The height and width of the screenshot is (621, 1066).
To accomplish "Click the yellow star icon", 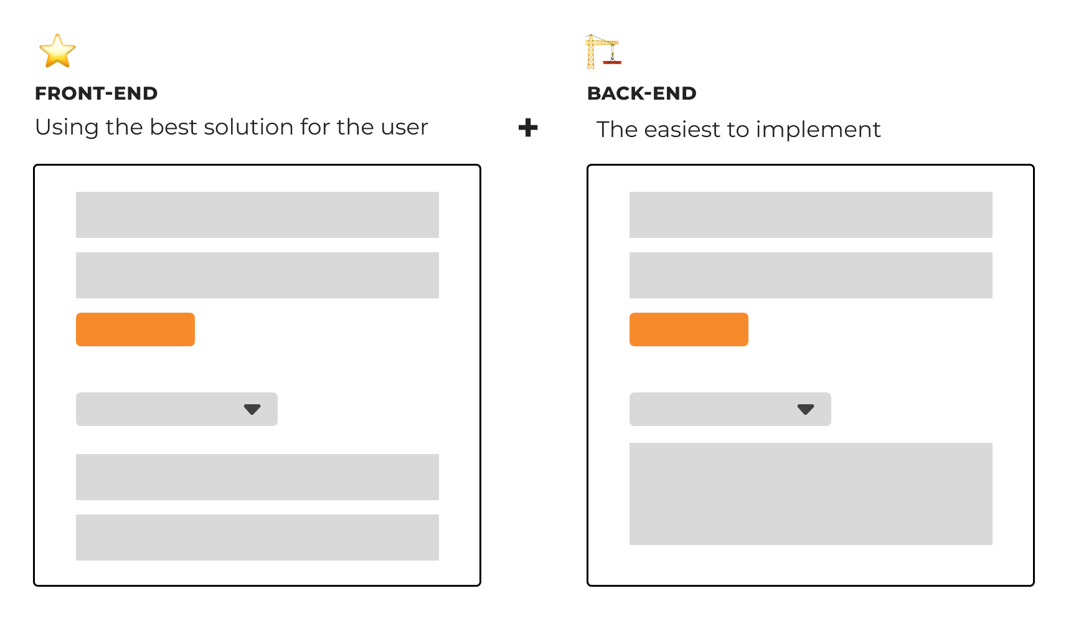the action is coord(57,51).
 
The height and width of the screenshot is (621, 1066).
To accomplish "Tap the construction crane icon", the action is coord(603,52).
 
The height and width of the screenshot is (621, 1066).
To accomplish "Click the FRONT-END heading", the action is coord(96,93).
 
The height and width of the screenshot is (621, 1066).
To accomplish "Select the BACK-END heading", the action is coord(641,93).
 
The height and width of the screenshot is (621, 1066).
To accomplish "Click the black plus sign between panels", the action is coord(528,128).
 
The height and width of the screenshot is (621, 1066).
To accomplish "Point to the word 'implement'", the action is coord(818,130).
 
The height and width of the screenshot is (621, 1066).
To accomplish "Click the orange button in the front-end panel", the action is coord(135,329).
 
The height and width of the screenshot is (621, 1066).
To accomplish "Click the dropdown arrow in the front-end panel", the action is coord(252,409).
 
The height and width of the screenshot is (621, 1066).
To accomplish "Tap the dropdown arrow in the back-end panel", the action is coord(805,409).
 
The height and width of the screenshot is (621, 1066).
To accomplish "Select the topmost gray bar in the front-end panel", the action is coord(257,215).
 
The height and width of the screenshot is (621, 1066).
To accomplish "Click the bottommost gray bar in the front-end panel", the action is coord(257,537).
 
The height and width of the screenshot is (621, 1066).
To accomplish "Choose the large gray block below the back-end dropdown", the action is coord(811,494).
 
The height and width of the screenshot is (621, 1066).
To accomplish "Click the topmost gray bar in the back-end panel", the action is coord(811,215).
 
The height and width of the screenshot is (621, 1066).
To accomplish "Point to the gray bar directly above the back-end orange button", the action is coord(811,275).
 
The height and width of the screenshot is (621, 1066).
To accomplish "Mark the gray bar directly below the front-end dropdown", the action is coord(257,476).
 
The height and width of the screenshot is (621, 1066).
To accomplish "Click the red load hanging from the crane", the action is coord(612,62).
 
